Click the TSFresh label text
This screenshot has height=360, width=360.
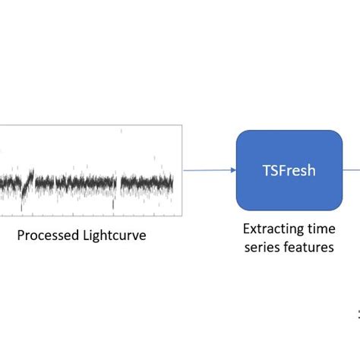289,171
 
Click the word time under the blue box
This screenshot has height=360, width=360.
320,229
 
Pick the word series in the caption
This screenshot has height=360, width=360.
264,248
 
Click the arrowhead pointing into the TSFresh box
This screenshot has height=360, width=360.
232,171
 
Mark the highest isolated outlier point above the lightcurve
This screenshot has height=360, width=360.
121,131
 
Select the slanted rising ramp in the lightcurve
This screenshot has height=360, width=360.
29,183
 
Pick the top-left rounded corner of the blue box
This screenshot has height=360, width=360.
240,134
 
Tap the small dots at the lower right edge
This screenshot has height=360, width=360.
358,313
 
